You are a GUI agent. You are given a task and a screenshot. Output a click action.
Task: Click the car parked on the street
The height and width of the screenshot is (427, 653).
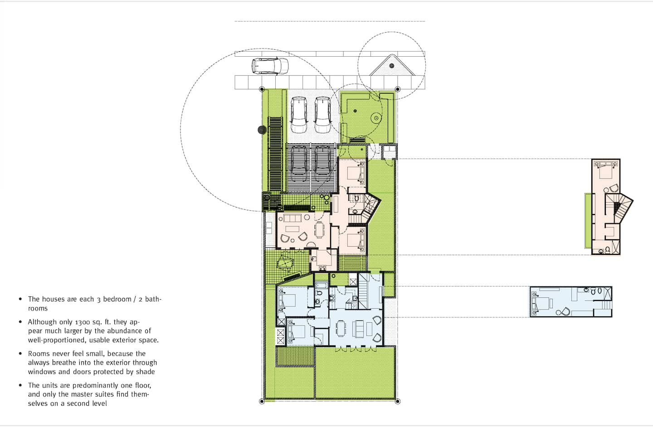(270, 66)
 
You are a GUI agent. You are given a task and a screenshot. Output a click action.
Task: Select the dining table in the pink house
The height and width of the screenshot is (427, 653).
(320, 230)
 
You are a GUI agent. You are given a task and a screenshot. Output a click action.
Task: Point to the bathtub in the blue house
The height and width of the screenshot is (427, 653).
(322, 285)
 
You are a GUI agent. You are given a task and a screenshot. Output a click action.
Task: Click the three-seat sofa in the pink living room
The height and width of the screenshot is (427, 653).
(292, 218)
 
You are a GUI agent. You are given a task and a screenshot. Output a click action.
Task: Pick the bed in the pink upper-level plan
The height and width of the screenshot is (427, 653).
(605, 171)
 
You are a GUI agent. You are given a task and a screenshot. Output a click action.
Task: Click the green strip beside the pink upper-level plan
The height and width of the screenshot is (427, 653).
(588, 221)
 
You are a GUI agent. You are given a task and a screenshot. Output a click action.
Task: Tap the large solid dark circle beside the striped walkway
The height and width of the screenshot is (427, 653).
(262, 130)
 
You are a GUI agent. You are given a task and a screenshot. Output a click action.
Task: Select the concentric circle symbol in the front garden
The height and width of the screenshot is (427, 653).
(376, 118)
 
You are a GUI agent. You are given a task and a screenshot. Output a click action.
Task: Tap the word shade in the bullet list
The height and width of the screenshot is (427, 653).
(145, 372)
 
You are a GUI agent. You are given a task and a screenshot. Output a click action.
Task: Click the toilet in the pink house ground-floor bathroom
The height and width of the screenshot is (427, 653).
(356, 199)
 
